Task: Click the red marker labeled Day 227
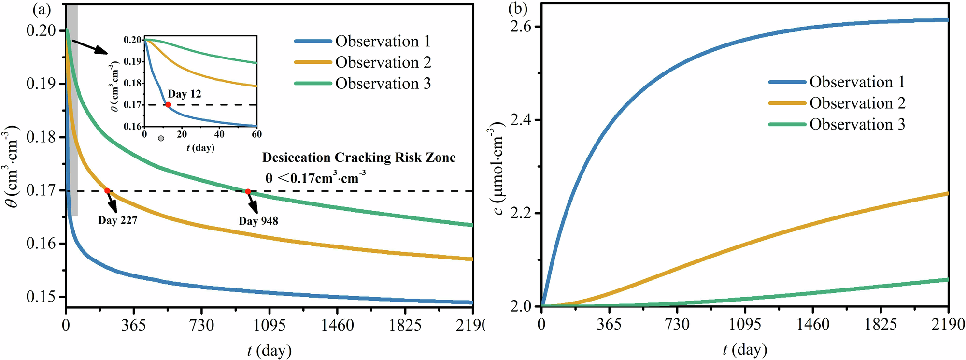107,191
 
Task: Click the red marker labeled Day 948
248,191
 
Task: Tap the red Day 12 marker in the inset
168,104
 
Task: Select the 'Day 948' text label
258,221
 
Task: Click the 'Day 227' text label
118,220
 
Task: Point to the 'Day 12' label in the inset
185,94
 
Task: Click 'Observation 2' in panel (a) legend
383,62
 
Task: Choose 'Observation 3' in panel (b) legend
857,124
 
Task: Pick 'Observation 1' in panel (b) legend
857,82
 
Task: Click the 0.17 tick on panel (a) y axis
41,190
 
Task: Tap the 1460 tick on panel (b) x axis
813,324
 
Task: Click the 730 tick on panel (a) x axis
201,325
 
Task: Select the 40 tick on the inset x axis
219,134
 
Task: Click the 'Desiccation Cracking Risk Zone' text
359,158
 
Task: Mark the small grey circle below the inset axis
161,139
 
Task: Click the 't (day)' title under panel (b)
745,349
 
